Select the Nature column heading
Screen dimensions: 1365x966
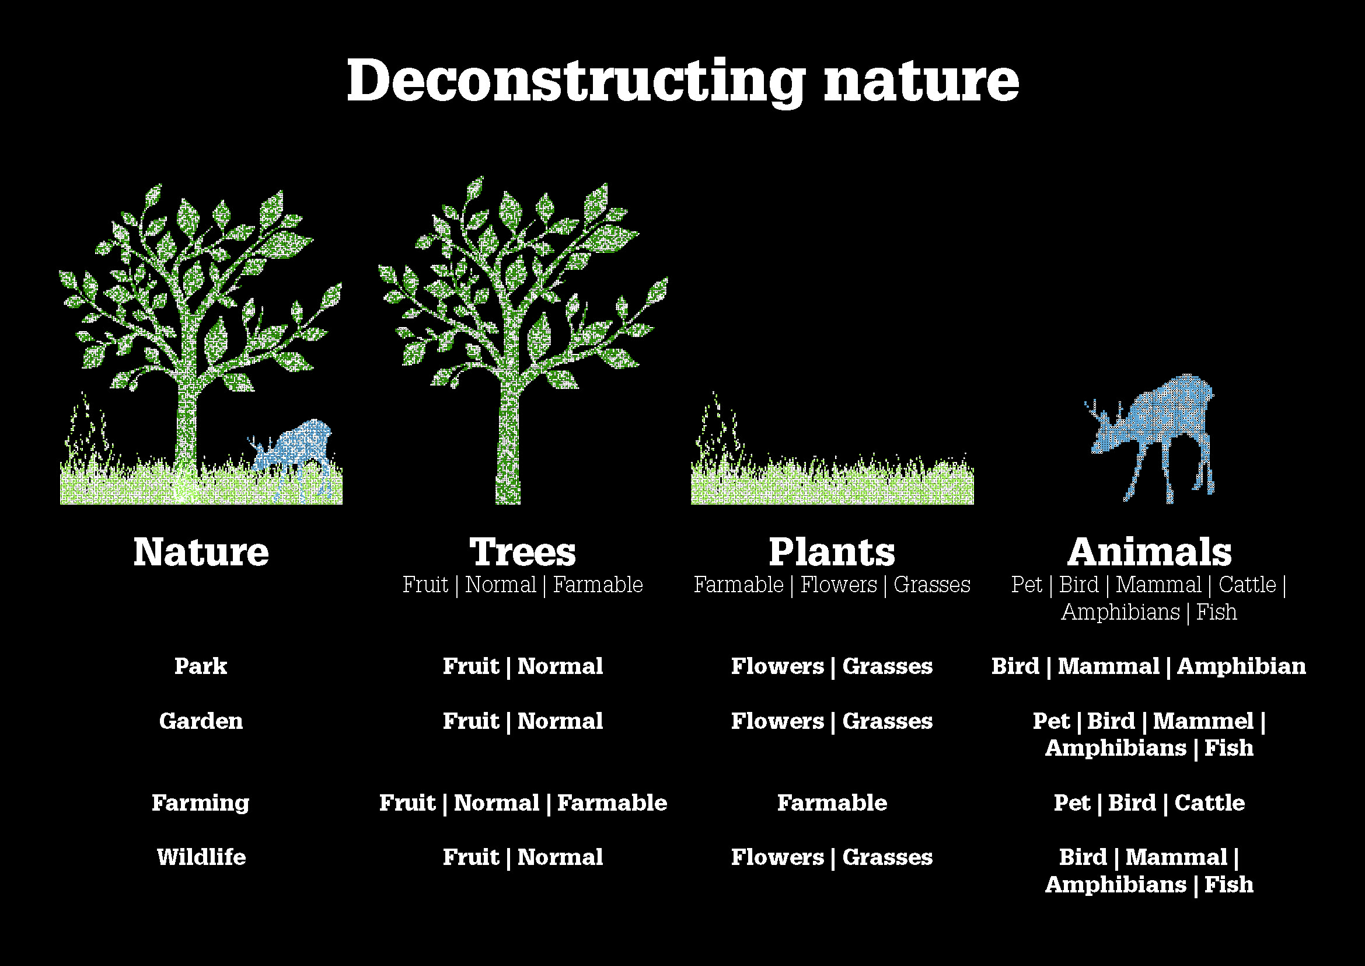click(201, 552)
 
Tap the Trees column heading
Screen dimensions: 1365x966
click(522, 552)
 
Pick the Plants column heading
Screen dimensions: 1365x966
click(832, 552)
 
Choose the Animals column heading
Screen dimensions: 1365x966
click(1149, 552)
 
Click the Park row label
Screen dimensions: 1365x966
click(201, 666)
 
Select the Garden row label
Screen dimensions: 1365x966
click(201, 721)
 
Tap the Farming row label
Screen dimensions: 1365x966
click(201, 804)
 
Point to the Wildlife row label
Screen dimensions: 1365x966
click(201, 857)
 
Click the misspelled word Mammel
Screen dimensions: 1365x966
click(1203, 721)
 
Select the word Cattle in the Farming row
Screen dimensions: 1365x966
click(1210, 803)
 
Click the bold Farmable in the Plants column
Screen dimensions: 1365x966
click(832, 803)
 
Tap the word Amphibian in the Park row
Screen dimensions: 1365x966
click(1242, 666)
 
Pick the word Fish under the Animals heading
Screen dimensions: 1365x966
click(1216, 612)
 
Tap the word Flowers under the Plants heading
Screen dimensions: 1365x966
click(838, 585)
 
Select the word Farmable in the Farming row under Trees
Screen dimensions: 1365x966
click(612, 803)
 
